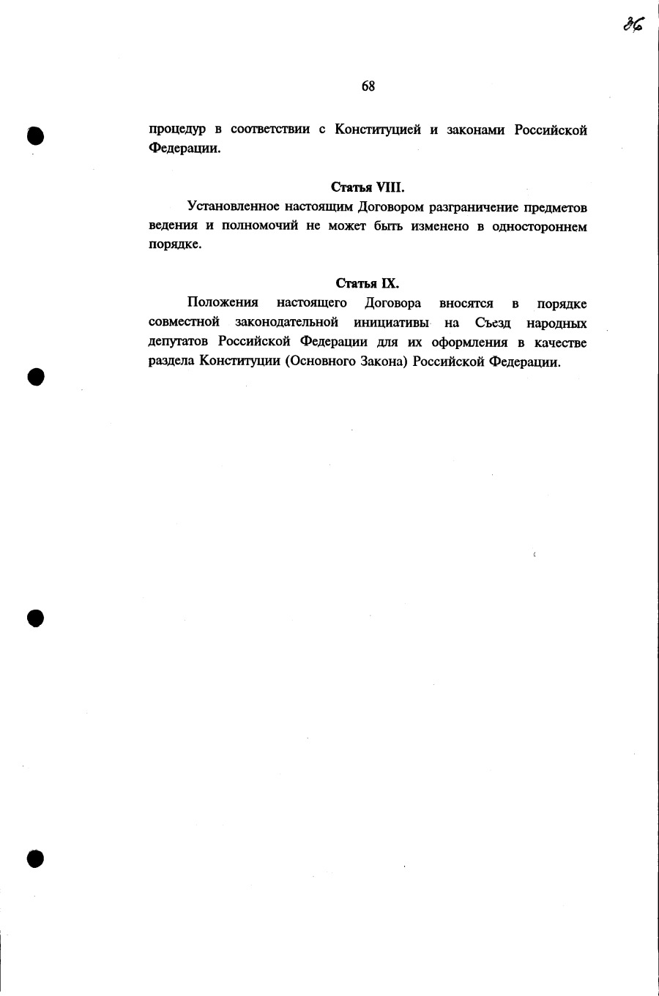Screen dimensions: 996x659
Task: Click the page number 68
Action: tap(368, 86)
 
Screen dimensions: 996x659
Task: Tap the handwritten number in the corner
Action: tap(633, 24)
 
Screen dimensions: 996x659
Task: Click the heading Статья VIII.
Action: tap(368, 187)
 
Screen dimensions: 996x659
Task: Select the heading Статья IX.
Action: tap(368, 283)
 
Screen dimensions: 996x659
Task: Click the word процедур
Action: tap(177, 131)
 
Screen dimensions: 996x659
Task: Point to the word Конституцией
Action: tap(378, 130)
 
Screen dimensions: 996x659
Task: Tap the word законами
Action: tap(476, 130)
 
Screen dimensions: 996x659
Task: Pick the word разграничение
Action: tap(476, 208)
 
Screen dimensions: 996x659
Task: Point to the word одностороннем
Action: tap(540, 227)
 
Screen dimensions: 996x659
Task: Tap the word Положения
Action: tap(223, 303)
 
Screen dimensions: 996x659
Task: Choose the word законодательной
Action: tap(286, 323)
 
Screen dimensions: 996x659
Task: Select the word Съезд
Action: tap(493, 323)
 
